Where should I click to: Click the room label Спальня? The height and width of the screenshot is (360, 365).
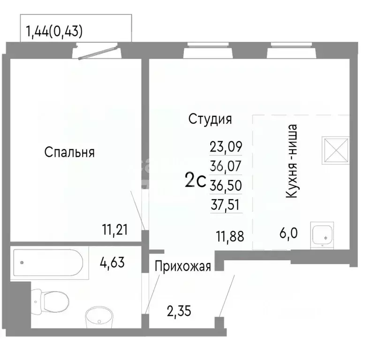coord(70,152)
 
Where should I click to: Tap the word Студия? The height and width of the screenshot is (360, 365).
coord(210,119)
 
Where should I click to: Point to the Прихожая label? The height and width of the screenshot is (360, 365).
coord(182,266)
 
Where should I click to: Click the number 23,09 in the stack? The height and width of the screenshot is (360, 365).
coord(226,147)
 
